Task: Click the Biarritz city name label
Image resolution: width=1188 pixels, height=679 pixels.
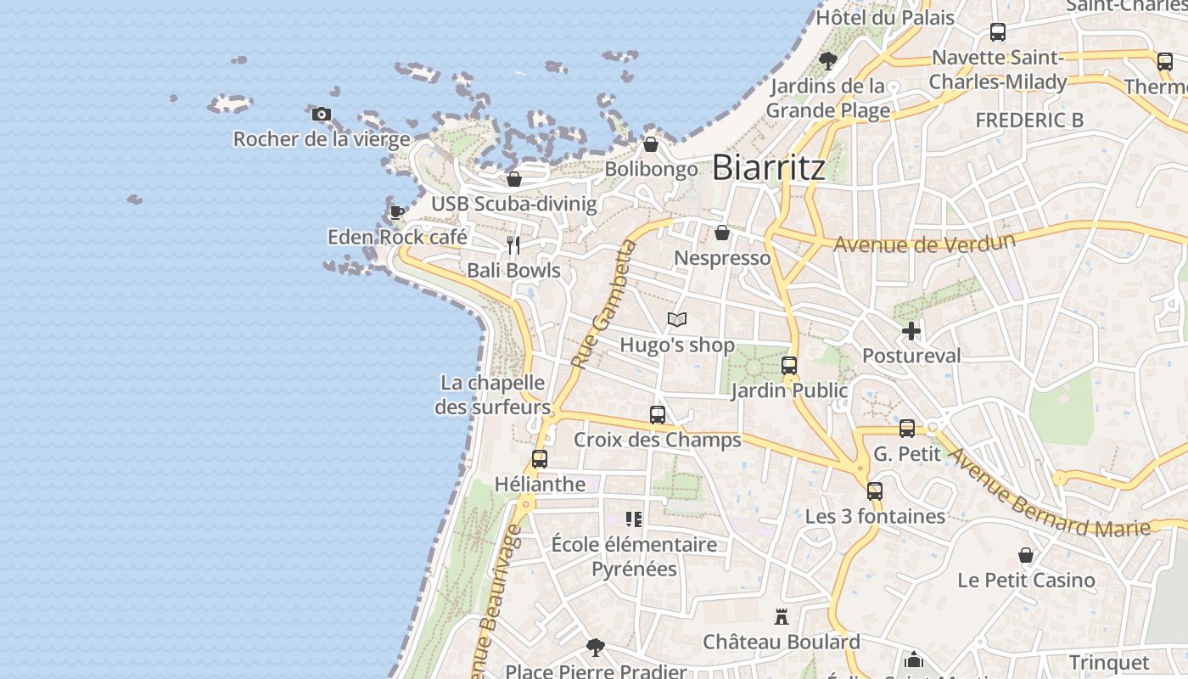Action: (x=768, y=167)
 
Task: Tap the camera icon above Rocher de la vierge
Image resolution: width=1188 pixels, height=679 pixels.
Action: (x=321, y=114)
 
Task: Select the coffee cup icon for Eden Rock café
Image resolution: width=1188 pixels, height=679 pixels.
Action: (x=396, y=211)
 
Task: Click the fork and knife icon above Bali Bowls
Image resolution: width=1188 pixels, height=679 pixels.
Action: (x=513, y=245)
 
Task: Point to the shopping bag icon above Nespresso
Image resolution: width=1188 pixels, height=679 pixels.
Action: (x=722, y=233)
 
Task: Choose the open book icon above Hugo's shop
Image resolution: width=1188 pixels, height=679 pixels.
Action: (x=676, y=320)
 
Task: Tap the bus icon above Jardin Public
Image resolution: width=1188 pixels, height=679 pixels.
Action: (x=789, y=366)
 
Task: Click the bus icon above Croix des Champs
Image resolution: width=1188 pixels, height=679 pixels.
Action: (x=658, y=415)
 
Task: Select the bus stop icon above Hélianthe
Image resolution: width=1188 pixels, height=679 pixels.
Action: (x=539, y=459)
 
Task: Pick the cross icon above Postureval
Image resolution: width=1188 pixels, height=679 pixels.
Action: (x=911, y=331)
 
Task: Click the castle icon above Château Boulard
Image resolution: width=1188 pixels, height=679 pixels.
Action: (x=782, y=617)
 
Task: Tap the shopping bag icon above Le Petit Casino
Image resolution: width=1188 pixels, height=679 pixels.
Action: (x=1026, y=556)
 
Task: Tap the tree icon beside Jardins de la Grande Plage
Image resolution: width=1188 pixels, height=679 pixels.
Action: (x=828, y=61)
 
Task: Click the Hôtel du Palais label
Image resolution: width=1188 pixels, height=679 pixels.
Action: (x=885, y=17)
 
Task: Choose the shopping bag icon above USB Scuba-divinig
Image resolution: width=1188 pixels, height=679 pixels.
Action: (x=513, y=179)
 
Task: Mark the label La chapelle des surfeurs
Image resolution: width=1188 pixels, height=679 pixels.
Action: (x=492, y=395)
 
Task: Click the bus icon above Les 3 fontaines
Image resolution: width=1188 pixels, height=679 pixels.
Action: (x=875, y=491)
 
